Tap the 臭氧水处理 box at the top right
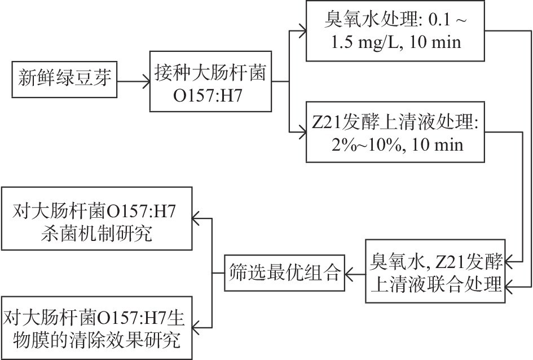coord(394,31)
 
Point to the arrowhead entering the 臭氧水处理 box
coord(300,31)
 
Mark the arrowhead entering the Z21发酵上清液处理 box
coord(300,133)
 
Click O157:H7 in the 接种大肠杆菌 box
coord(210,93)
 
